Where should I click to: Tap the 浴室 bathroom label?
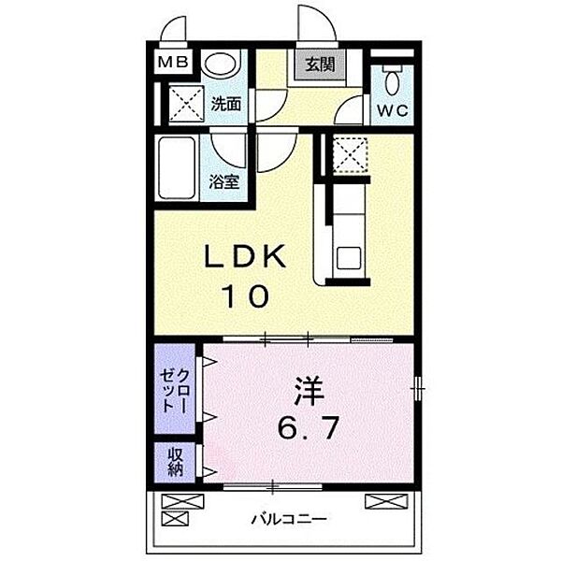pos(226,181)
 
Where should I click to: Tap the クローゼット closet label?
pos(174,389)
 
